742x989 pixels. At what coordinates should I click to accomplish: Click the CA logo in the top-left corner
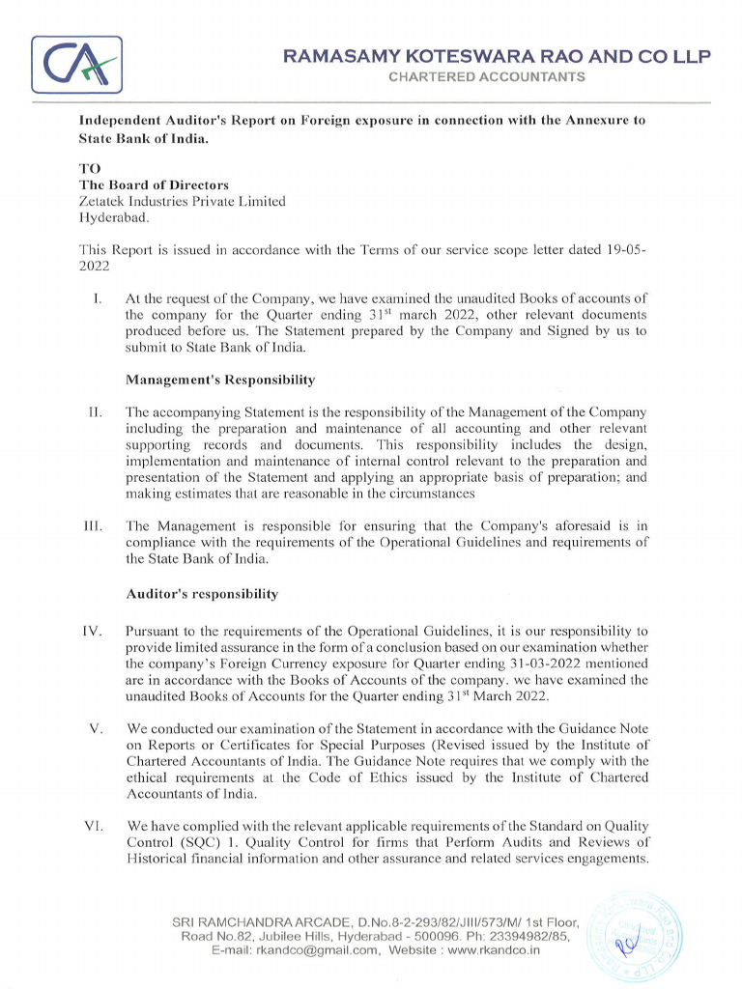coord(77,65)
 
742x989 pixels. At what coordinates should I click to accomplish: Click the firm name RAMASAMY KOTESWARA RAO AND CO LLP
coord(497,57)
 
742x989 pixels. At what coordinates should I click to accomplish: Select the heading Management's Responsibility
coord(220,380)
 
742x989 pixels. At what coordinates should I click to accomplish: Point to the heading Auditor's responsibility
coord(202,594)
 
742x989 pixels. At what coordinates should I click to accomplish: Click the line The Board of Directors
coord(154,184)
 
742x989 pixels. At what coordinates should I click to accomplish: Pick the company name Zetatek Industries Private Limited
coord(182,201)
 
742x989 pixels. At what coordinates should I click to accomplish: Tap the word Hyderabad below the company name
coord(112,217)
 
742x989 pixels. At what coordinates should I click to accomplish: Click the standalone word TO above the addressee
coord(89,168)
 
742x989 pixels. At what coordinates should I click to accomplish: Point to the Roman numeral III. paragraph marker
coord(94,526)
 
